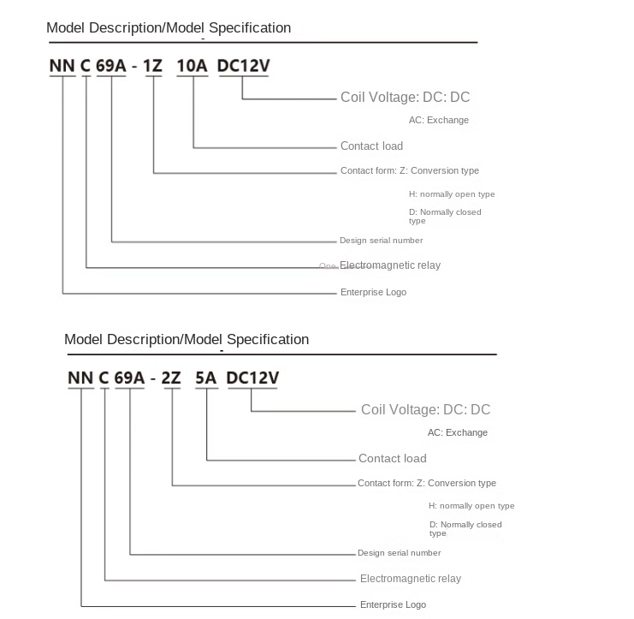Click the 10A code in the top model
coord(192,65)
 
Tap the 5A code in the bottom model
coord(206,378)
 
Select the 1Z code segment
coord(153,65)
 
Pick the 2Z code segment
coord(171,378)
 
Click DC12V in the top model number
coord(244,65)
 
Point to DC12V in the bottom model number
coord(252,378)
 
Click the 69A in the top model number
coord(110,65)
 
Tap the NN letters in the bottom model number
coord(80,378)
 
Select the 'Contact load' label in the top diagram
coord(371,146)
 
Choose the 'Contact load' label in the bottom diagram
coord(392,459)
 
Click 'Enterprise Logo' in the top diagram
coord(373,293)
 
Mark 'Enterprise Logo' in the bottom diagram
coord(393,605)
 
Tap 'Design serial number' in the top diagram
coord(381,241)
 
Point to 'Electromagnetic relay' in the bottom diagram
coord(410,579)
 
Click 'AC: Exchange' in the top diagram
coord(438,121)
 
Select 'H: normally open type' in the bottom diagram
coord(471,506)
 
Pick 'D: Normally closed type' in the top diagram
coord(445,216)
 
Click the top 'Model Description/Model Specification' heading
coord(169,28)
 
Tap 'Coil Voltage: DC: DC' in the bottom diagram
coord(425,410)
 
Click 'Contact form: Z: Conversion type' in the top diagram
coord(409,171)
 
